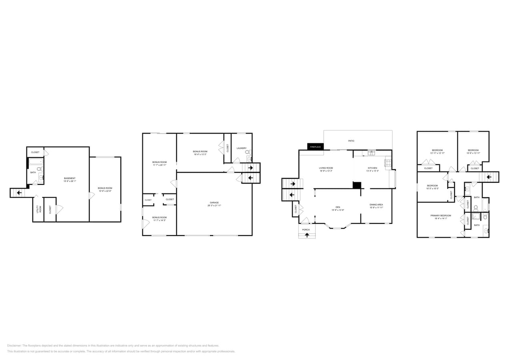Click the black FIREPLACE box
[x=315, y=147]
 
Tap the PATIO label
[x=351, y=141]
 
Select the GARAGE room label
[x=214, y=202]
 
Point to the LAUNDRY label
[x=241, y=148]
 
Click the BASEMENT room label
[x=70, y=178]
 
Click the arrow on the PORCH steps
[x=307, y=235]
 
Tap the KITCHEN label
[x=373, y=168]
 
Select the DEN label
[x=338, y=207]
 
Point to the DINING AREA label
[x=376, y=204]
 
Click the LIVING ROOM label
[x=326, y=168]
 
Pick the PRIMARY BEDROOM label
[x=441, y=216]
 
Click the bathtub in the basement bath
[x=36, y=162]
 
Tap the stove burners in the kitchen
[x=388, y=163]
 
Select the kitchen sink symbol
[x=372, y=152]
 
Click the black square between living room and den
[x=357, y=185]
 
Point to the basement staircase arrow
[x=19, y=193]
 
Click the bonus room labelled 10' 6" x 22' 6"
[x=105, y=188]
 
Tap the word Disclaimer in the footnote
[x=14, y=346]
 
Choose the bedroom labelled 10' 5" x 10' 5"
[x=432, y=186]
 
